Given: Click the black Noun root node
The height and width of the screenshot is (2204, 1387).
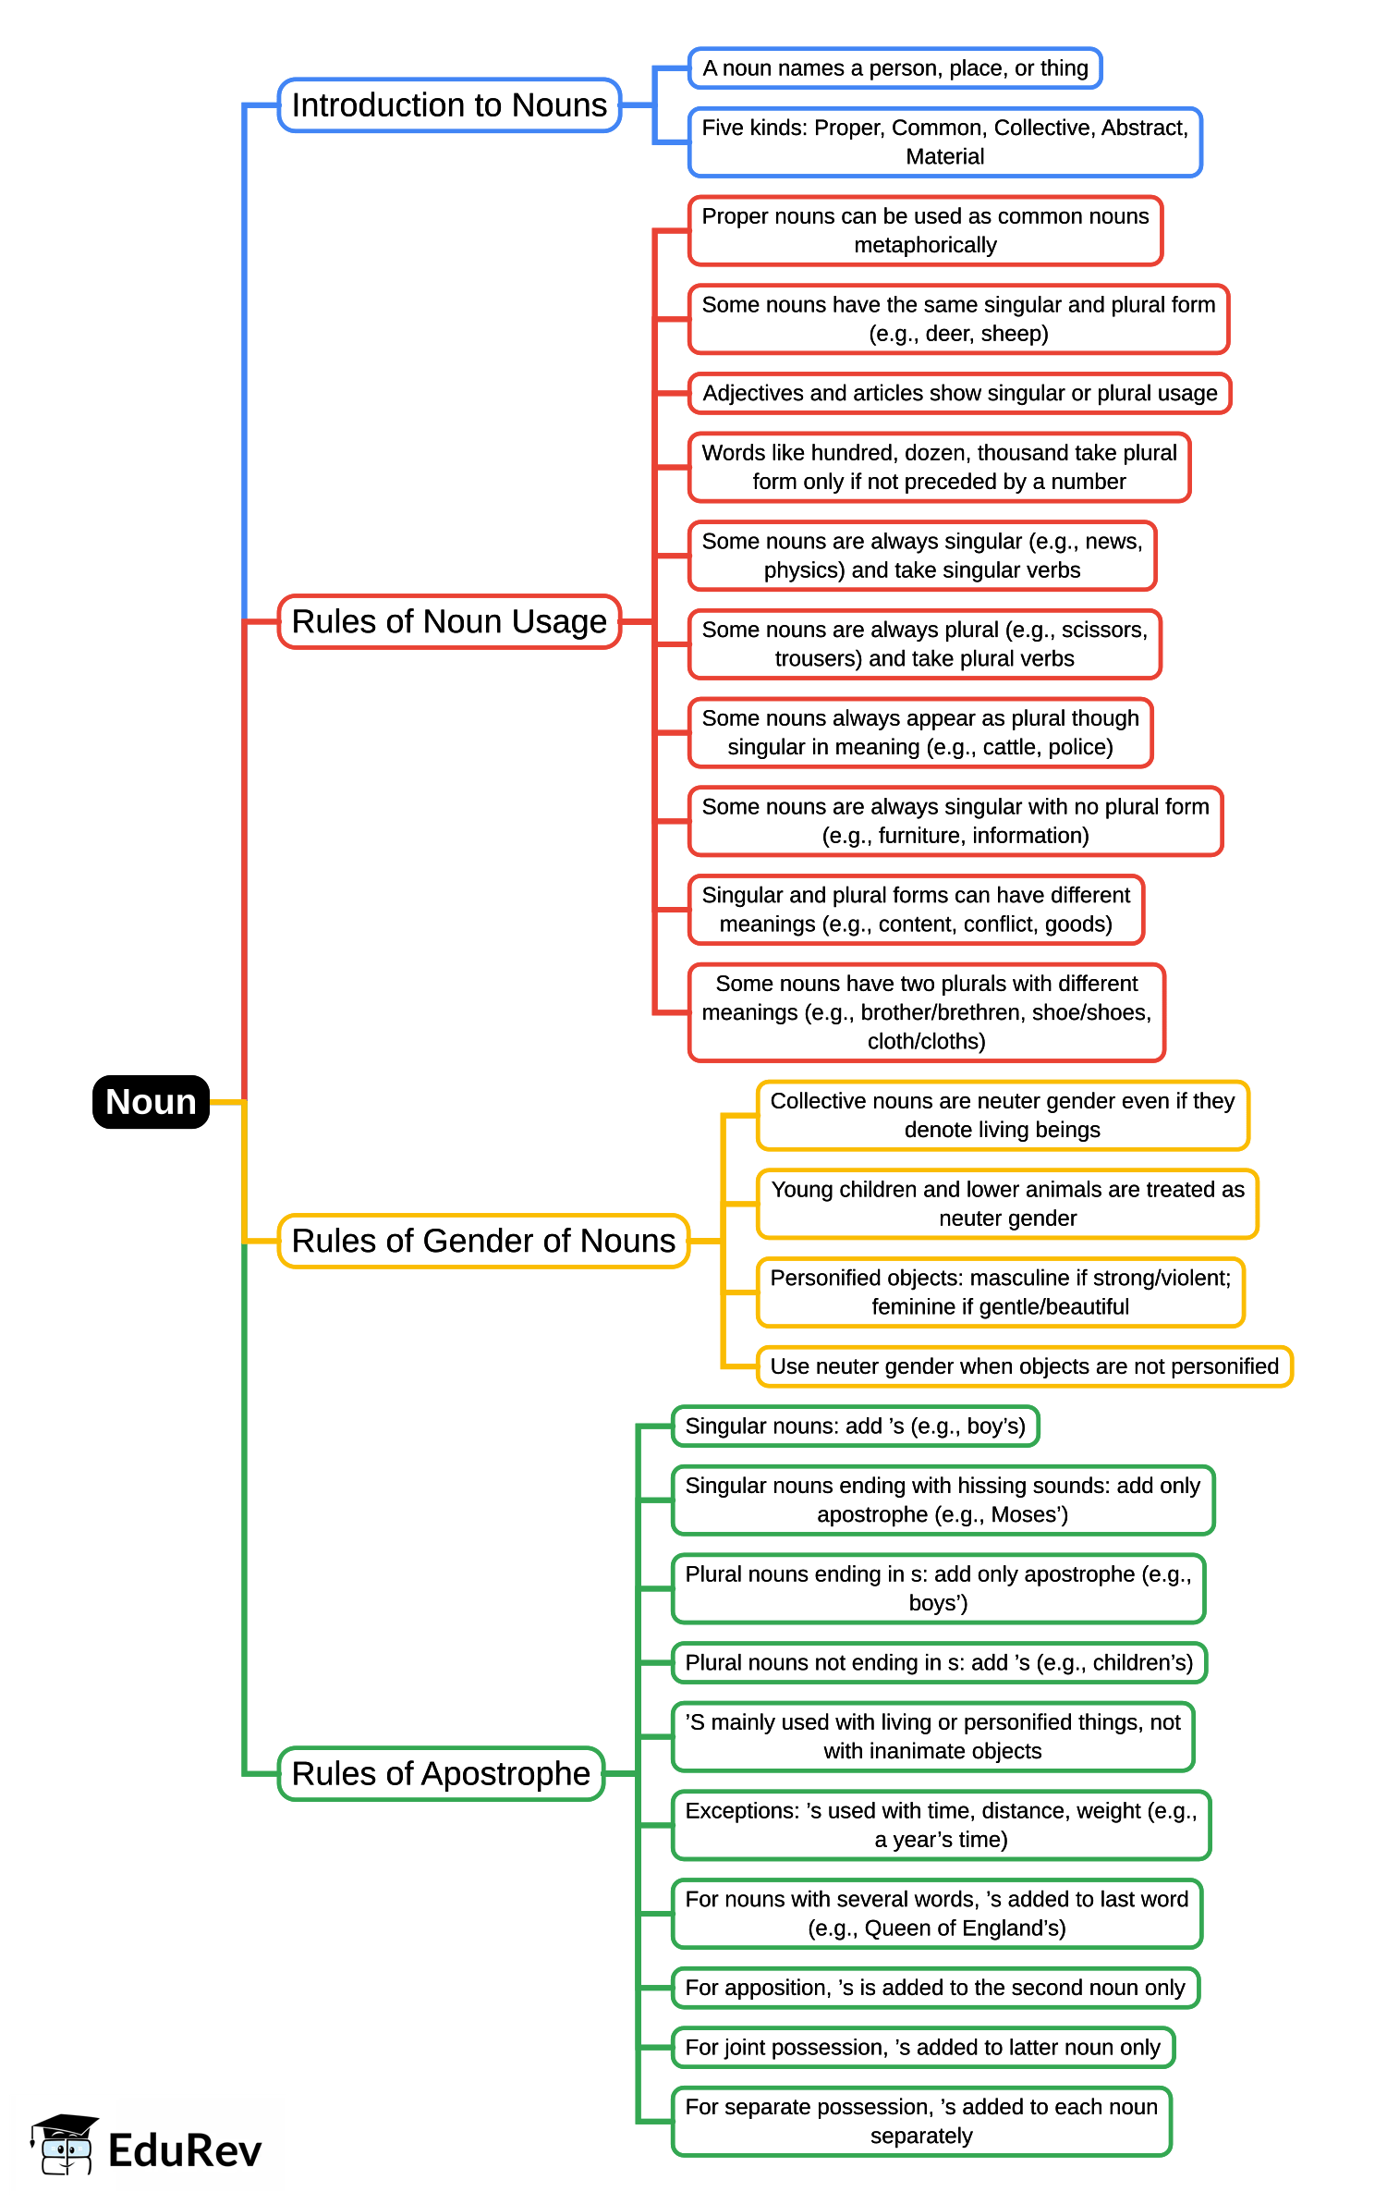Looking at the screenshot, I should (x=151, y=1101).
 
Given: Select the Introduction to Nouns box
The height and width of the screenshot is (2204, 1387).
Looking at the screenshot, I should (x=449, y=105).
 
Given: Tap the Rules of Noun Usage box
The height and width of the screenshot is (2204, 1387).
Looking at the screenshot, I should (x=449, y=621).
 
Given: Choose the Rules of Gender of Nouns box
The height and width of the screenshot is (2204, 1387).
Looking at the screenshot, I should (x=483, y=1241).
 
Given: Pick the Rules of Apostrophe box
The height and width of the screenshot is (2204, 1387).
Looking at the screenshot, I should (x=441, y=1773).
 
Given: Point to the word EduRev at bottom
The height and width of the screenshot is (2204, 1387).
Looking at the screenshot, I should (x=185, y=2150).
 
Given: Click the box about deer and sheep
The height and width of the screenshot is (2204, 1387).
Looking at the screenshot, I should (x=958, y=319).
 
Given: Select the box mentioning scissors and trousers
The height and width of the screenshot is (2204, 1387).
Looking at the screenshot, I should (x=924, y=644).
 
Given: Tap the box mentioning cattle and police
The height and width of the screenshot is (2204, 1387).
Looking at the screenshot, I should (x=920, y=732).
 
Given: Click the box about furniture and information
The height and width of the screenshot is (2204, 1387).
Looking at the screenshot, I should (x=955, y=821).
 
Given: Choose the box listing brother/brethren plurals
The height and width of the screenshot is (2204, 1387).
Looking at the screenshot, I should (x=926, y=1012).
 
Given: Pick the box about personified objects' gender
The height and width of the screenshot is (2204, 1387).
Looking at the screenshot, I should (x=1000, y=1292).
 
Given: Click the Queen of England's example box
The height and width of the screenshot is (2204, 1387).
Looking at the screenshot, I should (x=936, y=1914).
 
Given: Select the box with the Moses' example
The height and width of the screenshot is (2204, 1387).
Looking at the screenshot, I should (x=943, y=1500).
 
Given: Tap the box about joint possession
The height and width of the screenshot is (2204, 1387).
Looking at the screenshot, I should (x=922, y=2047).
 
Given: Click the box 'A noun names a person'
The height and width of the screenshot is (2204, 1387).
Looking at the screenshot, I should (x=894, y=68).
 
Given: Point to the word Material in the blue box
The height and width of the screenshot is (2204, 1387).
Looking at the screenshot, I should (x=944, y=157).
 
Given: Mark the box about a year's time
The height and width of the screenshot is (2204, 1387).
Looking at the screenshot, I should (x=941, y=1825).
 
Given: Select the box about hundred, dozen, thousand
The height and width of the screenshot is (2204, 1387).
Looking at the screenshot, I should (x=939, y=467).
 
